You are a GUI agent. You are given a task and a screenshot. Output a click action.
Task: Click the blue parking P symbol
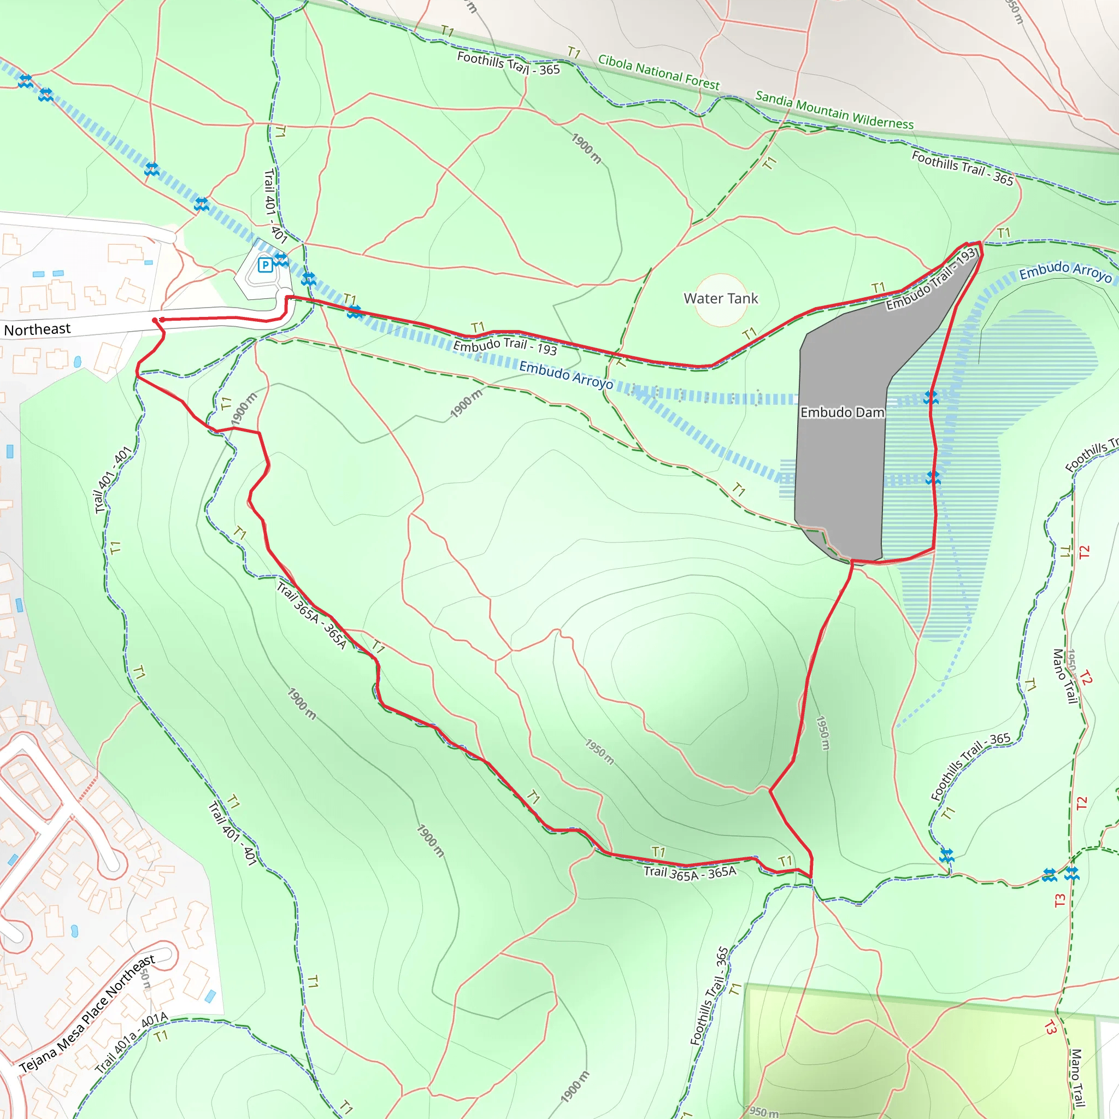pos(265,265)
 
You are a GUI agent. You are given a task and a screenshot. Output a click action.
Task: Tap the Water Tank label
pos(721,299)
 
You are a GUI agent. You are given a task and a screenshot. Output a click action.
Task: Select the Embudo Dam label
pos(842,413)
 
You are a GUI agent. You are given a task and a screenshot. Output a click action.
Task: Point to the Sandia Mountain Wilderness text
pos(834,110)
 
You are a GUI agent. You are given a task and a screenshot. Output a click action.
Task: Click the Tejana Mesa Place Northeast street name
pos(87,1014)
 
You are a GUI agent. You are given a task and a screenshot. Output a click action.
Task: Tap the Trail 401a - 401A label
pos(132,1043)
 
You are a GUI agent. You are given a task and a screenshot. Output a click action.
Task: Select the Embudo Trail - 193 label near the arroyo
pos(504,346)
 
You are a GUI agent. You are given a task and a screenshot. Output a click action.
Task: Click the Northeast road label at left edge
pos(37,329)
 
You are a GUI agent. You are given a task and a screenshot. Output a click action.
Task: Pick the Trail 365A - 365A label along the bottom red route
pos(690,873)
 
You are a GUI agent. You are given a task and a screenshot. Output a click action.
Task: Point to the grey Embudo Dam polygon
pos(840,463)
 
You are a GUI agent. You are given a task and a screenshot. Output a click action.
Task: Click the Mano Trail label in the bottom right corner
pos(1076,1077)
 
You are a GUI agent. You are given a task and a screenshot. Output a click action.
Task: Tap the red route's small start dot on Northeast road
pos(155,320)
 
